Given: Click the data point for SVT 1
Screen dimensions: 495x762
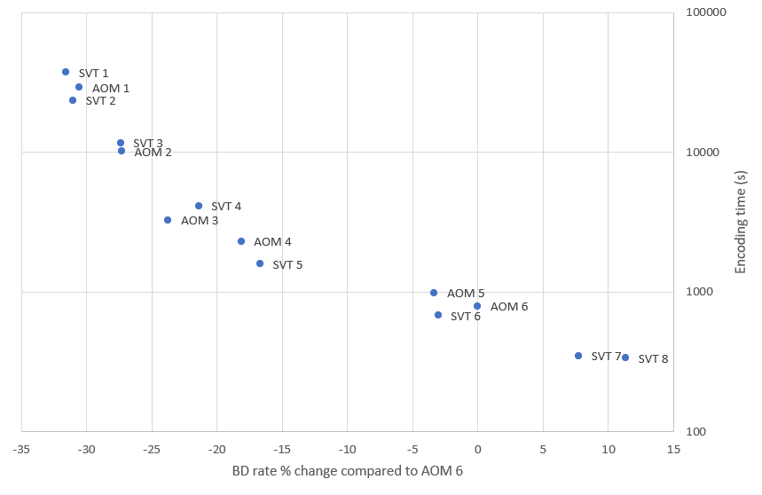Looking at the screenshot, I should pos(66,72).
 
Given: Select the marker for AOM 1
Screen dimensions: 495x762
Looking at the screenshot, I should pos(79,87).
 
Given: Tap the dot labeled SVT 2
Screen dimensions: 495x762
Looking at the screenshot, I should pos(73,100).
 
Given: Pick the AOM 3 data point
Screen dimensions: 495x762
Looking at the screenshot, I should pos(168,220).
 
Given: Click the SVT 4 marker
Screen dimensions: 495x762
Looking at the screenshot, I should pos(199,206).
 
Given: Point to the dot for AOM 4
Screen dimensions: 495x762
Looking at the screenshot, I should pos(241,241).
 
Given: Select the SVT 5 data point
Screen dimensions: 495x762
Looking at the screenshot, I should pos(260,263).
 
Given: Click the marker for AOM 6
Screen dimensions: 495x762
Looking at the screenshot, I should pos(477,306).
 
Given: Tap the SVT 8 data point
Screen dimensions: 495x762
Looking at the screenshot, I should pos(625,357).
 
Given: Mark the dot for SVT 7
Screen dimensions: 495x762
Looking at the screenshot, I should pos(578,356).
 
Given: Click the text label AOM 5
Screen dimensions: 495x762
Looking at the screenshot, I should pos(466,293).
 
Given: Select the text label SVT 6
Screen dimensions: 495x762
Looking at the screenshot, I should pos(466,316).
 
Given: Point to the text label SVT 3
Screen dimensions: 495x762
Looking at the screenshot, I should pos(148,143).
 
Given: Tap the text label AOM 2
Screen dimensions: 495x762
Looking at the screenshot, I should pos(153,153).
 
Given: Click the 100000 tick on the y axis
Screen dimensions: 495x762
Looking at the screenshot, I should pos(708,12).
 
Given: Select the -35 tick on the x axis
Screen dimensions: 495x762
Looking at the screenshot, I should pos(21,450).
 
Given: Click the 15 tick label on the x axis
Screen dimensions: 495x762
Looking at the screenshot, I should pos(673,450).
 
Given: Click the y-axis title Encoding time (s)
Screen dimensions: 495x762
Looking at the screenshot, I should pos(742,222).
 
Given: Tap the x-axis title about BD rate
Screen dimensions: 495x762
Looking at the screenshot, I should pos(347,471).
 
